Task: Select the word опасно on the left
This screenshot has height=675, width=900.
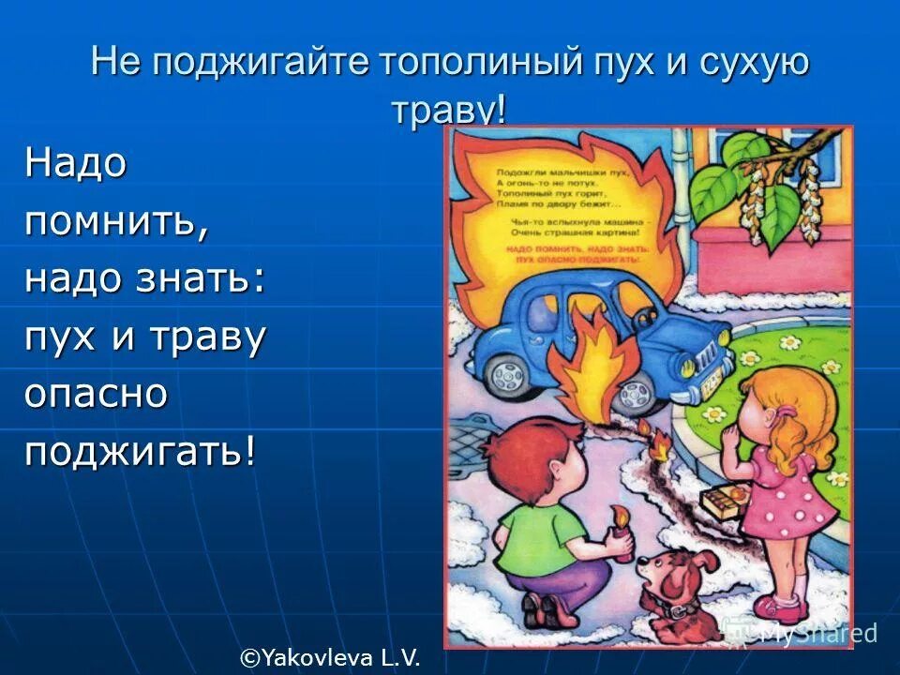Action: (x=96, y=394)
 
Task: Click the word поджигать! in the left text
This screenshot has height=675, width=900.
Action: (x=141, y=453)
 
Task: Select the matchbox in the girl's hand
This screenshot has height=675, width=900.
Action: (x=732, y=495)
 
